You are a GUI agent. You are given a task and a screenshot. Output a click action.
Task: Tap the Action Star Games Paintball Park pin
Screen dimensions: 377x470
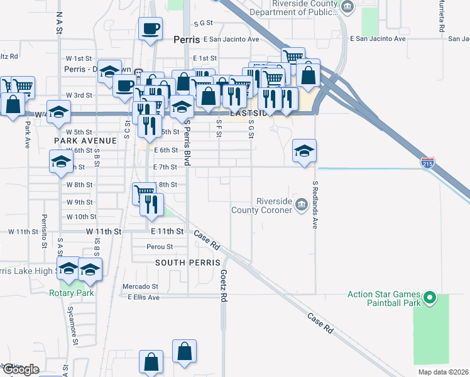[x=430, y=298]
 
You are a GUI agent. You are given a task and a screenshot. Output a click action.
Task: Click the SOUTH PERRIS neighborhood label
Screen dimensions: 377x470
[x=188, y=262]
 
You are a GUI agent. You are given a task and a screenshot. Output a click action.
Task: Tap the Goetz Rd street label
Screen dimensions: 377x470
[x=223, y=286]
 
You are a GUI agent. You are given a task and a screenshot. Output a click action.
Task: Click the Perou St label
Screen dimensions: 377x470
[x=160, y=246]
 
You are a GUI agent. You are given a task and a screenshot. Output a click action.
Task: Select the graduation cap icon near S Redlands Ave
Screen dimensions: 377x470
[x=304, y=151]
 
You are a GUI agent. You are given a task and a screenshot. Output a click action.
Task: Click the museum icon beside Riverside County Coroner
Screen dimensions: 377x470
[x=301, y=203]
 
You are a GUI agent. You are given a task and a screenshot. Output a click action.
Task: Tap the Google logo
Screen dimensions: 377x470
[x=20, y=369]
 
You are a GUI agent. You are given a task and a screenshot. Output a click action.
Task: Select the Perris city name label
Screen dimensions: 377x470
[x=186, y=39]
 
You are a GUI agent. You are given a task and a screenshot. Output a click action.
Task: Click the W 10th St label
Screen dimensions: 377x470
[x=80, y=217]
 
